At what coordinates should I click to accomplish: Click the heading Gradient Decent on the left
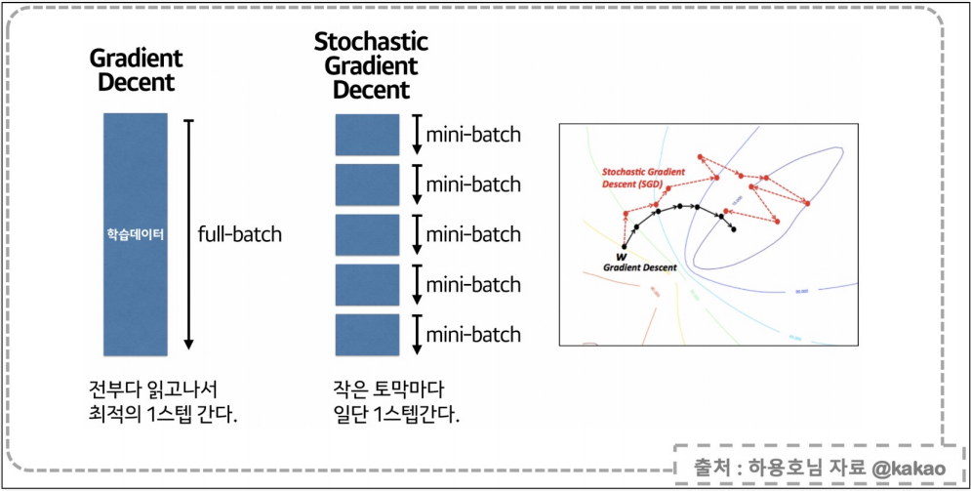coord(136,69)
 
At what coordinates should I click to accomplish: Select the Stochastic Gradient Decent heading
coord(371,66)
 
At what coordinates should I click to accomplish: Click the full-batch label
coord(239,234)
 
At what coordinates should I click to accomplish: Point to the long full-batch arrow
coord(189,234)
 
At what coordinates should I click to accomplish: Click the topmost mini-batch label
coord(473,135)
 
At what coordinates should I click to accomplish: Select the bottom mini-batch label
coord(473,335)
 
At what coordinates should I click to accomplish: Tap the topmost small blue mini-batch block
coord(368,135)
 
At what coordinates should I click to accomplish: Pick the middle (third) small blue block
coord(368,235)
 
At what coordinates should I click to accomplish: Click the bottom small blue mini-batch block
coord(368,335)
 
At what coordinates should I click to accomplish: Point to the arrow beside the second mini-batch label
coord(415,184)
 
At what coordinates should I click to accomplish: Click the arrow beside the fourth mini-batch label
coord(415,285)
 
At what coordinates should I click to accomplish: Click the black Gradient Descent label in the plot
coord(639,266)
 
